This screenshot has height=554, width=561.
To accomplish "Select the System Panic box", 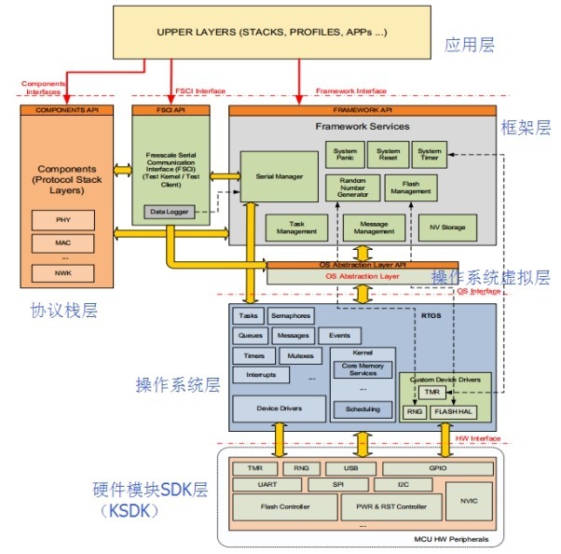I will coord(344,156).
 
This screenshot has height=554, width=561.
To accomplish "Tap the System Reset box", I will coord(388,156).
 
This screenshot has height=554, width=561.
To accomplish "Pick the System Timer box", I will coord(430,156).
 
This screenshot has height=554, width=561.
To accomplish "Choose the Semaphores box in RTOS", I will coord(291,316).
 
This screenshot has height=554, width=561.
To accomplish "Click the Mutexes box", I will coord(300,355).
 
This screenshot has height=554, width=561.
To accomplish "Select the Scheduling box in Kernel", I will coord(363,409).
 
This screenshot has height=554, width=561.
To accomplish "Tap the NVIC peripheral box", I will coord(468,500).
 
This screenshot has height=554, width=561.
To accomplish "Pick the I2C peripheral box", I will coord(404,485).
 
